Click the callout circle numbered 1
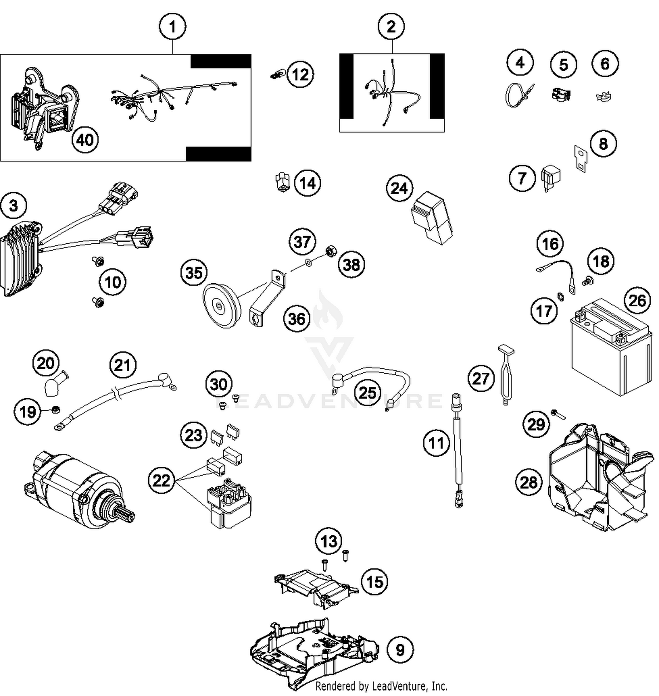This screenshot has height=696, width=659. click(172, 27)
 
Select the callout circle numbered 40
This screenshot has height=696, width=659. click(85, 140)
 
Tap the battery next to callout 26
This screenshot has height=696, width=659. click(611, 347)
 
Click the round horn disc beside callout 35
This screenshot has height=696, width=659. click(221, 306)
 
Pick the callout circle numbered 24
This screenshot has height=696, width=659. click(399, 188)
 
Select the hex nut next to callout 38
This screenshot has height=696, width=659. click(330, 252)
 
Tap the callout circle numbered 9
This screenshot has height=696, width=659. click(400, 649)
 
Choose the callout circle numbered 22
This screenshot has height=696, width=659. click(161, 480)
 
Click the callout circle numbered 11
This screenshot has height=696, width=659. click(436, 443)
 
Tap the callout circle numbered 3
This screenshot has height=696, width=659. click(14, 206)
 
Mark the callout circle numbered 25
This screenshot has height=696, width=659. click(368, 392)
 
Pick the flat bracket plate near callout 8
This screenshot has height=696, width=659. click(580, 159)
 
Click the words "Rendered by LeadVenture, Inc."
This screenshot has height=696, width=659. click(381, 685)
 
